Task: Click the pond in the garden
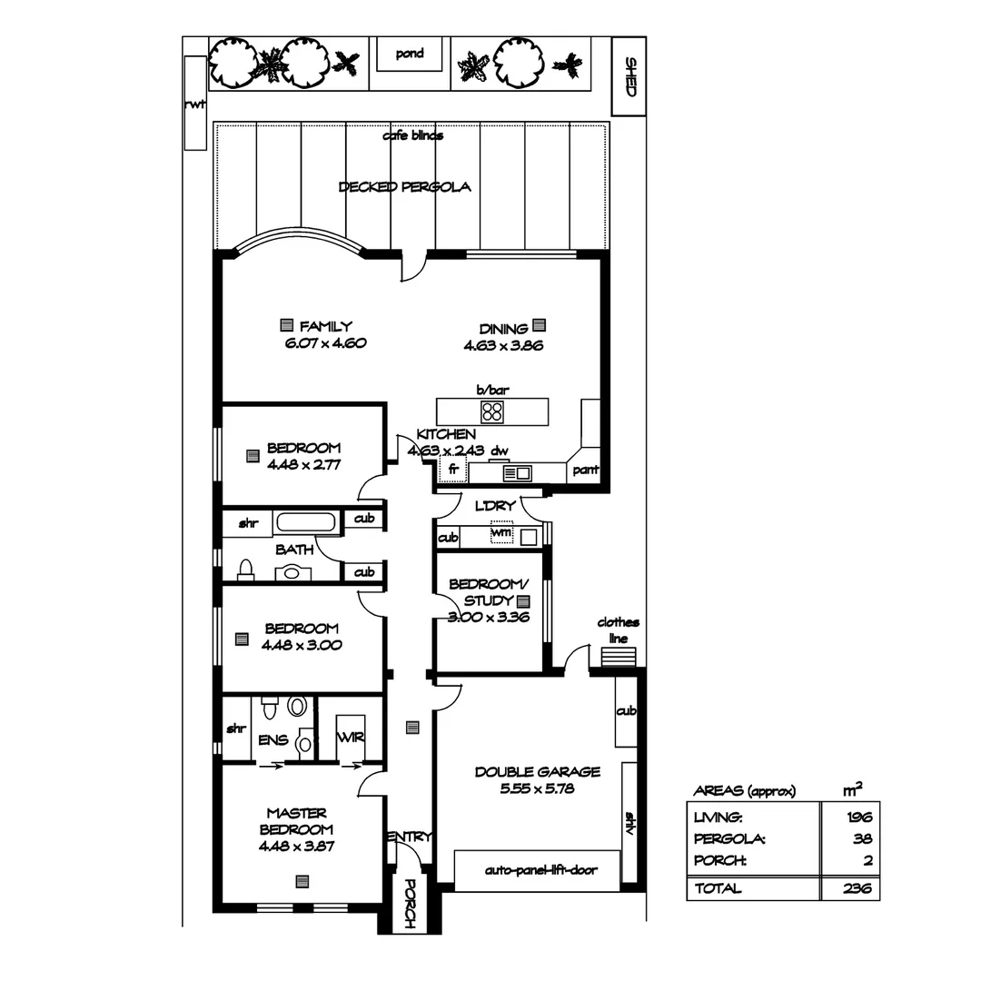coord(410,54)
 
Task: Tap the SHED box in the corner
coord(629,76)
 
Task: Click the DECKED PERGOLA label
coord(404,187)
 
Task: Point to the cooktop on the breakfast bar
coord(492,411)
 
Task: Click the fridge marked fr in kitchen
coord(452,470)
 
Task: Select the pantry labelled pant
coord(585,471)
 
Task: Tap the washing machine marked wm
coord(501,532)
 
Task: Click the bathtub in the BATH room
coord(305,523)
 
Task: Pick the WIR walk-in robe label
coord(351,738)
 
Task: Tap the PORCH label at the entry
coord(409,904)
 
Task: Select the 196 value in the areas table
coord(858,817)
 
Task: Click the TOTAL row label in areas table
coord(718,889)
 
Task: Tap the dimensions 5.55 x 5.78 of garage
coord(537,789)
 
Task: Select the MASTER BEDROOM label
coord(296,821)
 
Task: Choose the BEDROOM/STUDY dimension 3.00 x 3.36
coord(488,618)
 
